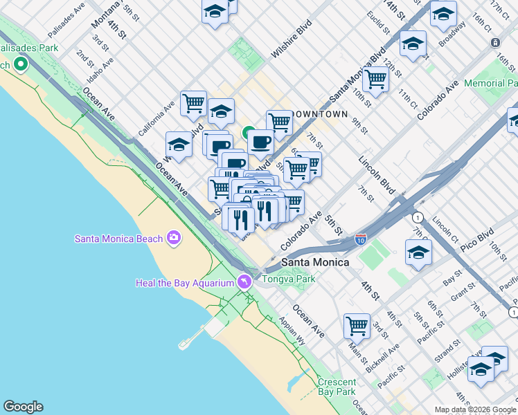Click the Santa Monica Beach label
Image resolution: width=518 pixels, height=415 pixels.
[119, 239]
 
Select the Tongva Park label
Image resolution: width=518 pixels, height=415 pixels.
[289, 279]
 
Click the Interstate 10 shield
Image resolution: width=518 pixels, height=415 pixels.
[360, 239]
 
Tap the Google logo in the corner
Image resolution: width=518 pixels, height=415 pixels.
[22, 407]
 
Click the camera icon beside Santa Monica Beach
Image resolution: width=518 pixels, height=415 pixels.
[173, 238]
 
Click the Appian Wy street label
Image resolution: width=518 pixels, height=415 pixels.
[292, 330]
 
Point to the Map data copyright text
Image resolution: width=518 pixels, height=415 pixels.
[475, 409]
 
